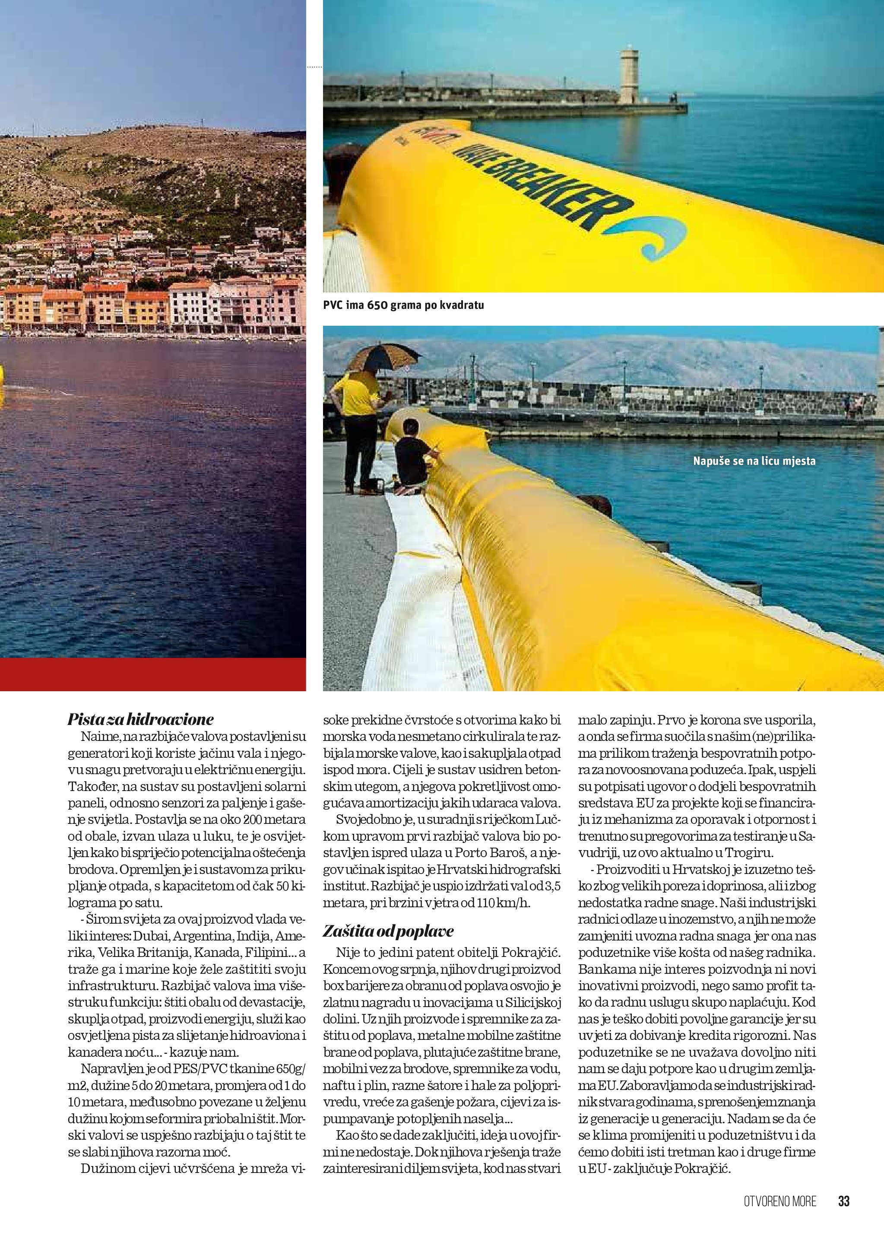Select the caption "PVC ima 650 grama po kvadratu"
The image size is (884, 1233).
pos(403,305)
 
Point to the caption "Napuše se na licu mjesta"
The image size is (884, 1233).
pos(754,461)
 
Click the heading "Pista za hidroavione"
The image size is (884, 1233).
pos(140,720)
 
